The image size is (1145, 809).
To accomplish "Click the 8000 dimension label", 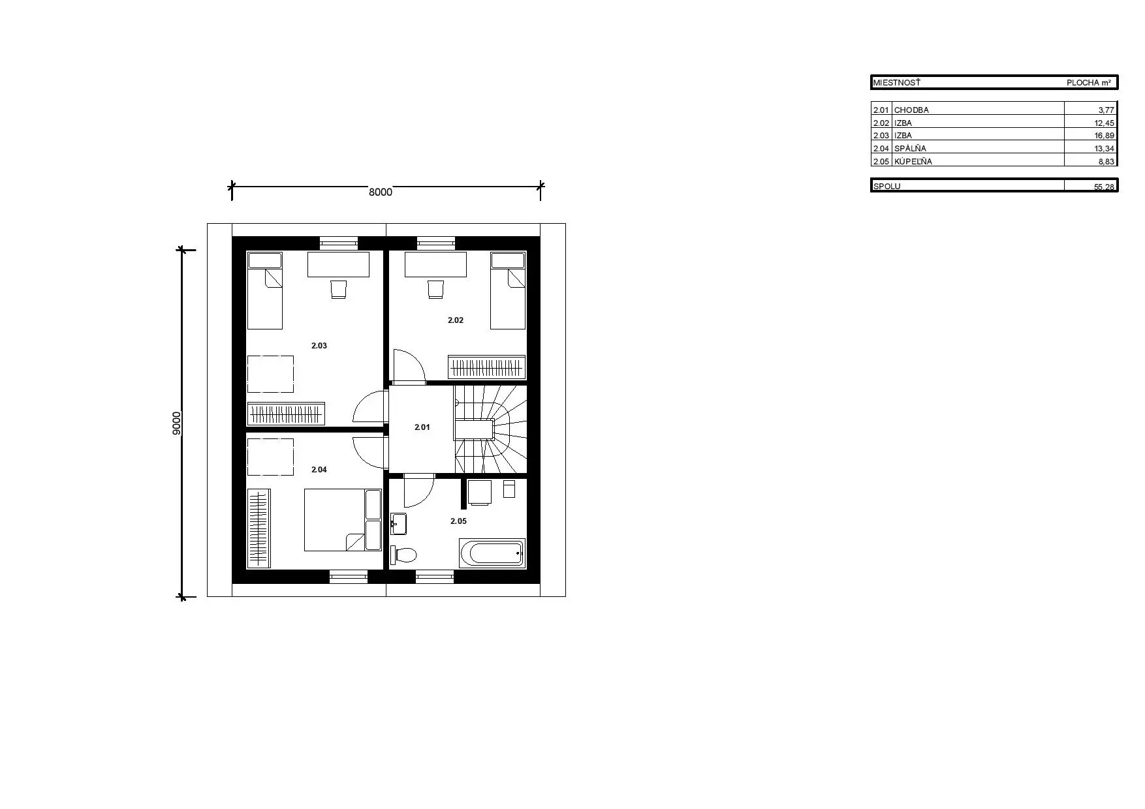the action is tap(381, 192).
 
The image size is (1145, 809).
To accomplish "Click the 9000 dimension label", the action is tap(176, 423).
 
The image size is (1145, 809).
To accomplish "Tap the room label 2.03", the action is tap(319, 346).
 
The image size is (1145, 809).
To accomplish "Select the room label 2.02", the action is tap(456, 320).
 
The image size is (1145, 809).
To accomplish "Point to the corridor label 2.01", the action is tap(422, 427).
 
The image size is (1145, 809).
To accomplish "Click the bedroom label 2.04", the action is tap(319, 470).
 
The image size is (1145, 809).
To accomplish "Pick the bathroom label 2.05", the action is tap(459, 521).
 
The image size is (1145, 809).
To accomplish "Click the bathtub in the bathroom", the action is tap(492, 553).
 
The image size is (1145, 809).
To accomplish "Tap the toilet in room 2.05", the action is tap(403, 555).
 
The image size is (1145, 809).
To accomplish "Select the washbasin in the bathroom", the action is tap(398, 523).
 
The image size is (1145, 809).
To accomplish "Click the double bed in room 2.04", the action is tap(343, 520).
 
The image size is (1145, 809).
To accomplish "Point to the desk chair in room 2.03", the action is tap(338, 289).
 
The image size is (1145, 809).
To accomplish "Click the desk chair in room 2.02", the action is tap(435, 289).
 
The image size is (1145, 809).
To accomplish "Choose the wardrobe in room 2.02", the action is tap(486, 367).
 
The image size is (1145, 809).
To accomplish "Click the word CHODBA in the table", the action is tap(911, 110).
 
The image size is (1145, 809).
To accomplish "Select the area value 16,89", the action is tap(1105, 136).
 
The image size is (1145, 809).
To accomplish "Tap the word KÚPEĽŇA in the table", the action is tap(913, 161).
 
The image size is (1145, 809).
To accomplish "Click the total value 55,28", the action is tap(1105, 187).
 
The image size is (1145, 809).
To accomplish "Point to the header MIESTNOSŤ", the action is tap(897, 83).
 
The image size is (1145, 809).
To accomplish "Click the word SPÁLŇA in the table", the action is tap(910, 148).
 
